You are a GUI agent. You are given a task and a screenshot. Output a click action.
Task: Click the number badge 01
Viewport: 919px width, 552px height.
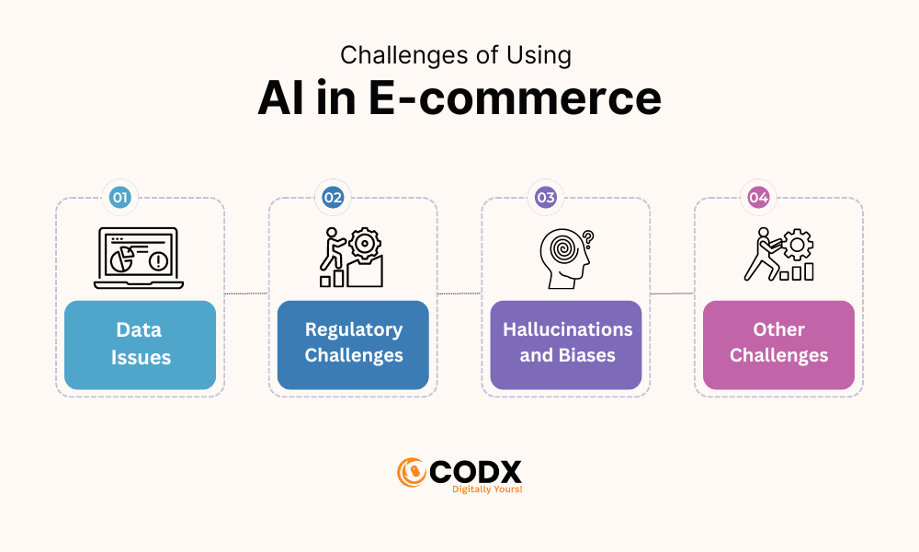[119, 198]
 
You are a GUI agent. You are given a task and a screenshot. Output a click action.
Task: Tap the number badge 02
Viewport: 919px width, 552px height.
[333, 198]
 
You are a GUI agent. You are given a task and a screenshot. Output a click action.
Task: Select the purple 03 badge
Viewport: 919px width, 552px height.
[546, 198]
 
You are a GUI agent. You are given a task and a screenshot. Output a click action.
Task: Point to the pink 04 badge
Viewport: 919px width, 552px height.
[758, 198]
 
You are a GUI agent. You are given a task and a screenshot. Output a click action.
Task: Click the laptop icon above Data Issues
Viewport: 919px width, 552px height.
[139, 259]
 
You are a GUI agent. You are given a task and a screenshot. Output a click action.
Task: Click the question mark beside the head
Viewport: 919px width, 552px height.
[588, 239]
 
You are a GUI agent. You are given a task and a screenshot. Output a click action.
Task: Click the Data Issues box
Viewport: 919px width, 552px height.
[140, 345]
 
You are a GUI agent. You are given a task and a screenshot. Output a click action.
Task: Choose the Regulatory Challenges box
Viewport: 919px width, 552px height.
[353, 345]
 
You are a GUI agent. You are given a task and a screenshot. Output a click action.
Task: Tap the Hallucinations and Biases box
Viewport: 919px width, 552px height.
[566, 345]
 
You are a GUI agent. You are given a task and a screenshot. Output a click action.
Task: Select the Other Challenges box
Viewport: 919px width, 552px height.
[779, 345]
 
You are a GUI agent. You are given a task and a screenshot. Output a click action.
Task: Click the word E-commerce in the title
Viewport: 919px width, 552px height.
[516, 98]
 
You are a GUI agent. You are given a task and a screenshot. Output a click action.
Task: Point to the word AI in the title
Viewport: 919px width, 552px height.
[280, 98]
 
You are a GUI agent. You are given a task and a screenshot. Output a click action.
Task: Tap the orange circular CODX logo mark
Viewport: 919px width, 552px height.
[412, 472]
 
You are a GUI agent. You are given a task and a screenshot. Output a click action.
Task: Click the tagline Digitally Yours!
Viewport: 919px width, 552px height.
[487, 489]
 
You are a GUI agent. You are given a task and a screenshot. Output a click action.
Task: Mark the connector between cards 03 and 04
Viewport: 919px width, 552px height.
[673, 293]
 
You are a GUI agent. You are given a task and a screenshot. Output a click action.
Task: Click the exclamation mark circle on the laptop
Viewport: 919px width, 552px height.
[158, 261]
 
